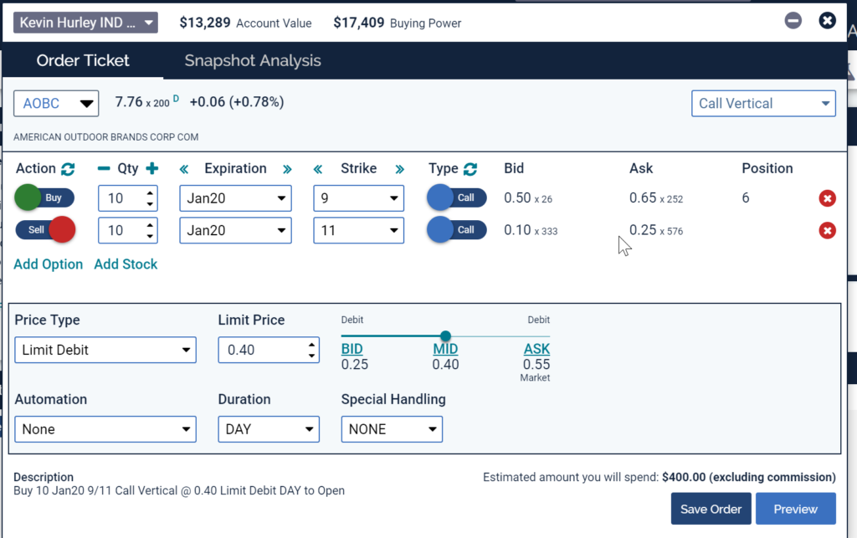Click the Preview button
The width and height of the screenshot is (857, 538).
pyautogui.click(x=795, y=509)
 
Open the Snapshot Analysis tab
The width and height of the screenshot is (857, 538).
pyautogui.click(x=253, y=61)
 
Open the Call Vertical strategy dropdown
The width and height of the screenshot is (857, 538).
pyautogui.click(x=763, y=104)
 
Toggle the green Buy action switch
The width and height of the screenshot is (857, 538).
pyautogui.click(x=44, y=198)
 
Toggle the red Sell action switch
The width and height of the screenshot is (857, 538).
pyautogui.click(x=45, y=229)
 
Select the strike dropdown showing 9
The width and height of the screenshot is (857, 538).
pyautogui.click(x=358, y=198)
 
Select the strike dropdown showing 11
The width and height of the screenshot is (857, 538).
pyautogui.click(x=358, y=229)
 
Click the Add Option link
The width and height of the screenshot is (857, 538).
pyautogui.click(x=49, y=264)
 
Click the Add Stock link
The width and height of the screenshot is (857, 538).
pyautogui.click(x=126, y=264)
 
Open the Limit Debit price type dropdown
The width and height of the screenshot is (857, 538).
pyautogui.click(x=105, y=350)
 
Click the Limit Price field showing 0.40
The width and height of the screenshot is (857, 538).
pyautogui.click(x=261, y=350)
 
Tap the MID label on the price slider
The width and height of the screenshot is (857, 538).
pyautogui.click(x=445, y=349)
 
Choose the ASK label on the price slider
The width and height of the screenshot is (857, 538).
pyautogui.click(x=536, y=349)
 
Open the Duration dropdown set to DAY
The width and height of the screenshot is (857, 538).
pyautogui.click(x=269, y=429)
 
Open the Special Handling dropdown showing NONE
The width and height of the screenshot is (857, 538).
pyautogui.click(x=392, y=429)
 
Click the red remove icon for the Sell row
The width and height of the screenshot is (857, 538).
pyautogui.click(x=827, y=230)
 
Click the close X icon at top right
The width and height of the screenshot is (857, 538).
pyautogui.click(x=827, y=20)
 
